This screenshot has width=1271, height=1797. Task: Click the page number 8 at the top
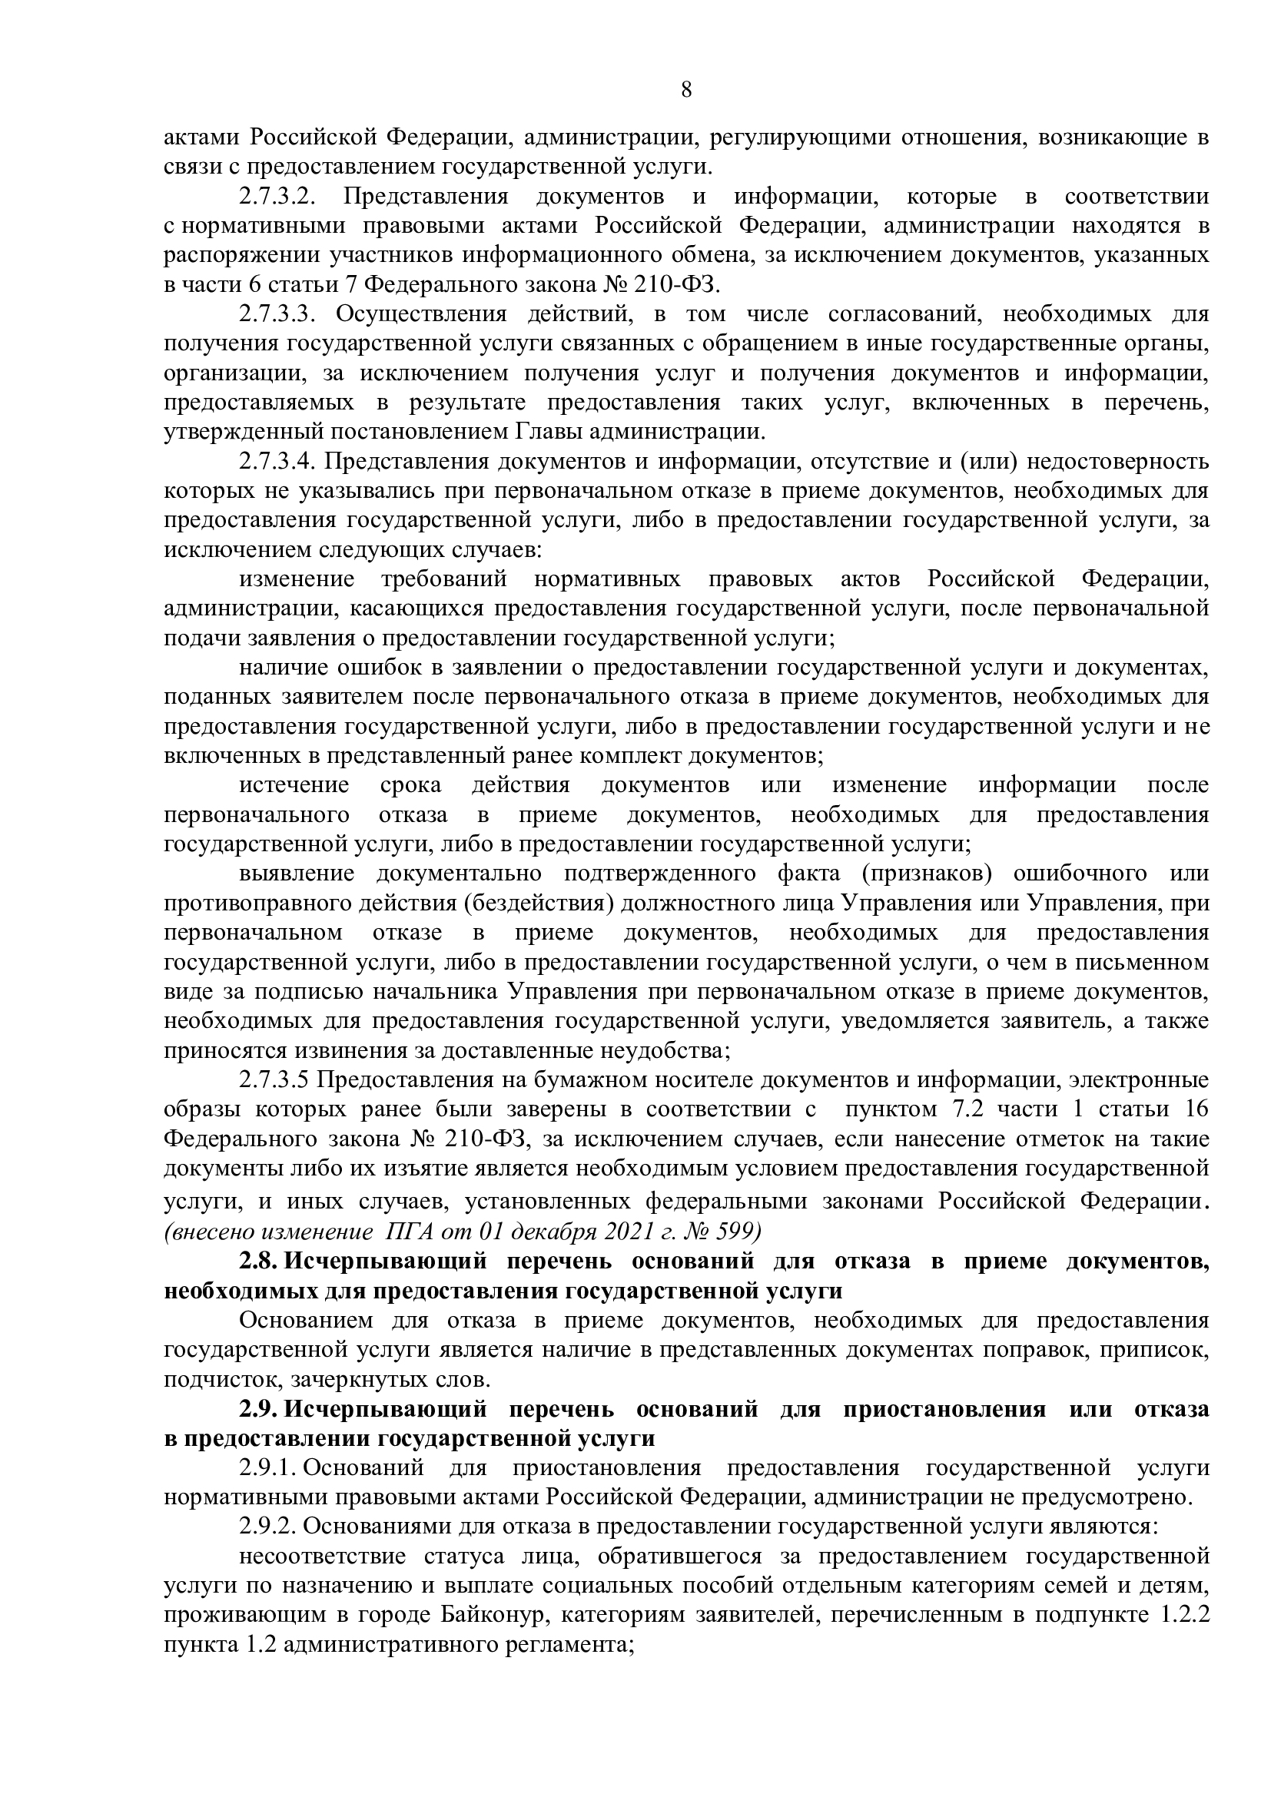pos(686,90)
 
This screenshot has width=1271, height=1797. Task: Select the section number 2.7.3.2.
pos(277,197)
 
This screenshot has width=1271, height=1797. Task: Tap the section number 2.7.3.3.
pos(277,314)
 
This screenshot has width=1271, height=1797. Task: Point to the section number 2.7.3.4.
pos(277,462)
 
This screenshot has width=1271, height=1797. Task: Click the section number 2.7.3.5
pos(276,1081)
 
